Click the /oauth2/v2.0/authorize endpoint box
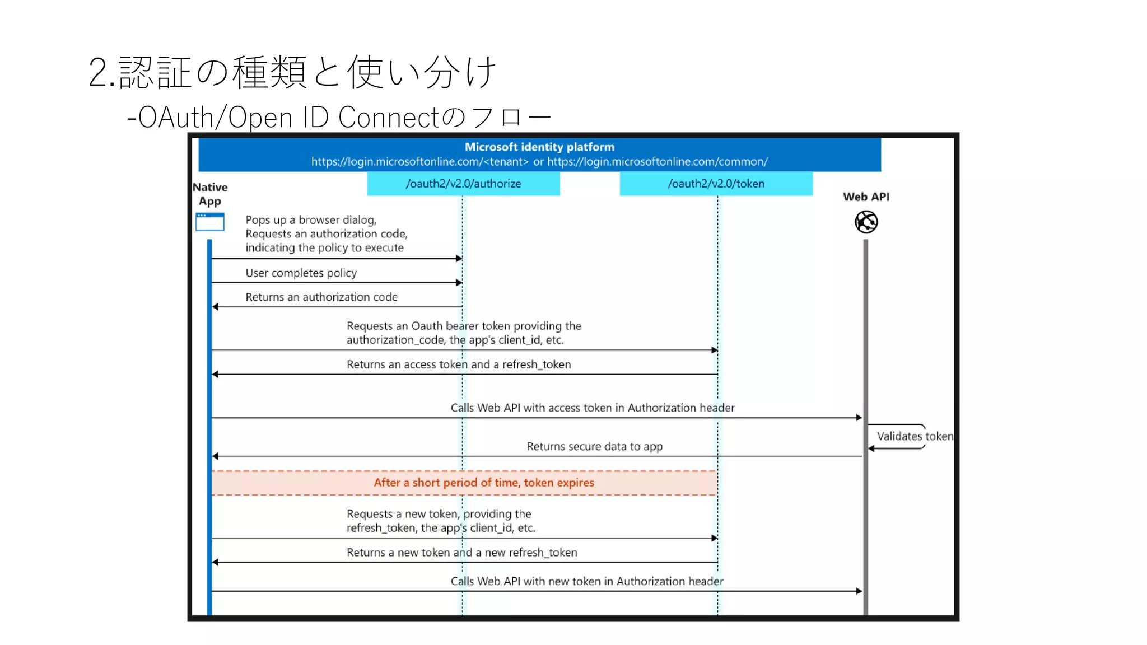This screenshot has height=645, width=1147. click(463, 184)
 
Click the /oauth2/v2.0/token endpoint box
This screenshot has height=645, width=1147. click(716, 184)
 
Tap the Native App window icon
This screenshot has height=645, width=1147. click(210, 222)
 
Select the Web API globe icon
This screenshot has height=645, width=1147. click(866, 222)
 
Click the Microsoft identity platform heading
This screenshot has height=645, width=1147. click(539, 147)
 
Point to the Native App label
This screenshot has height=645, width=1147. click(210, 194)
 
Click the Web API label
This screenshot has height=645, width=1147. click(866, 197)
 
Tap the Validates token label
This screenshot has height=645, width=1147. click(914, 436)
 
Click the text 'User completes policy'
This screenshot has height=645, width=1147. click(301, 273)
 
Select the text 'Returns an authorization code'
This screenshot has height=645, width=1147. click(321, 297)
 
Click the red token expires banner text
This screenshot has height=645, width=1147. click(483, 483)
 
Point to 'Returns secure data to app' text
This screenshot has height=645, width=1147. click(594, 447)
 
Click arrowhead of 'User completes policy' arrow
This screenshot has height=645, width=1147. click(459, 283)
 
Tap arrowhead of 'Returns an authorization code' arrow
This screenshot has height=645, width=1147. click(215, 307)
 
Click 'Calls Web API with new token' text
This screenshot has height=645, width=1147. click(586, 581)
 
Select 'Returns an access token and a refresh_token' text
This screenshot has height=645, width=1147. click(458, 364)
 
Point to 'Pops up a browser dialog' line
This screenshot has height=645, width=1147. click(311, 220)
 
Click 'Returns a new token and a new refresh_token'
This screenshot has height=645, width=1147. click(461, 553)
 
